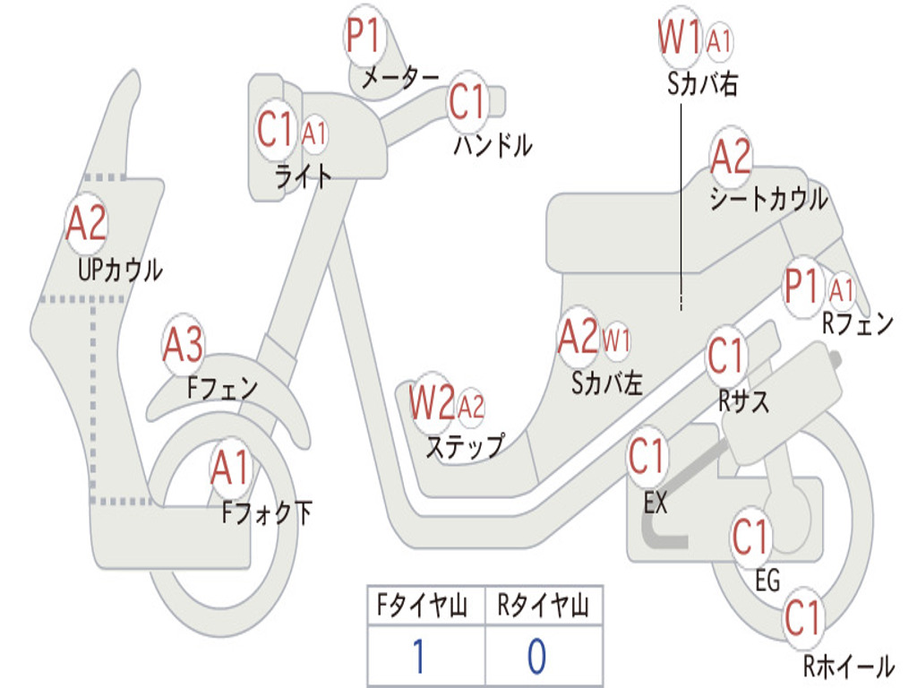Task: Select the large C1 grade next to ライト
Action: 275,131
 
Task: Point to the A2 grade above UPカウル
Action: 86,224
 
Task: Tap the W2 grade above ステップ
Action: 432,404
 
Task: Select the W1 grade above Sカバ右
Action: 679,39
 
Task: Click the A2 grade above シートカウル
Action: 731,158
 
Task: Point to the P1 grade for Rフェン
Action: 801,288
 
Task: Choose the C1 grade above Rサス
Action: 726,357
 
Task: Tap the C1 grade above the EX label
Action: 647,457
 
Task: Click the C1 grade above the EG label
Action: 751,537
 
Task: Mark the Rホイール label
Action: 847,666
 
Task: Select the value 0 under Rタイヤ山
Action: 536,657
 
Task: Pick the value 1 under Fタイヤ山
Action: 417,657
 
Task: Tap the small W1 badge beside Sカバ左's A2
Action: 617,340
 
